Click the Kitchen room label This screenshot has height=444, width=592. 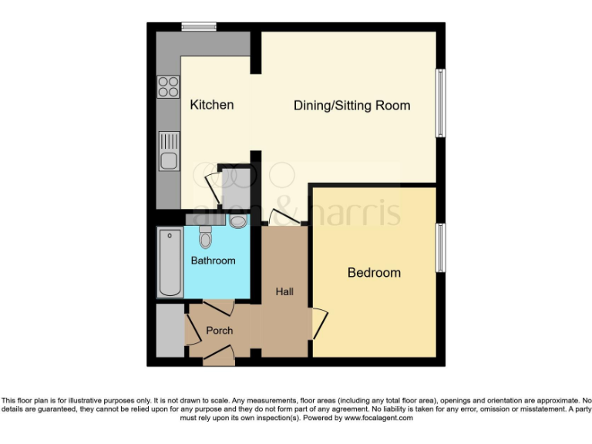click(211, 105)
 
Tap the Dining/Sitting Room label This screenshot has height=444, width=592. click(351, 106)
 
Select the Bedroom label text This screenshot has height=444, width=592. click(374, 272)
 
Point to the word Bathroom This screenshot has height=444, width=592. click(214, 261)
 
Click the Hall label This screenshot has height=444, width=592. click(284, 291)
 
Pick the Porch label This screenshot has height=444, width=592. click(219, 330)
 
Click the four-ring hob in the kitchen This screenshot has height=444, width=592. click(168, 87)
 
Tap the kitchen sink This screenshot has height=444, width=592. click(168, 151)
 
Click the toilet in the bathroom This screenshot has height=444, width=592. click(205, 237)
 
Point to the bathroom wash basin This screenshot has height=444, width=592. click(238, 222)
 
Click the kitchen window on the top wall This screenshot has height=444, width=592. click(198, 27)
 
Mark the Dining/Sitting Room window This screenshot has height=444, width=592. click(440, 104)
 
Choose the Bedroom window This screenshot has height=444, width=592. click(440, 247)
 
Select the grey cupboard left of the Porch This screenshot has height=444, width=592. click(169, 331)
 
